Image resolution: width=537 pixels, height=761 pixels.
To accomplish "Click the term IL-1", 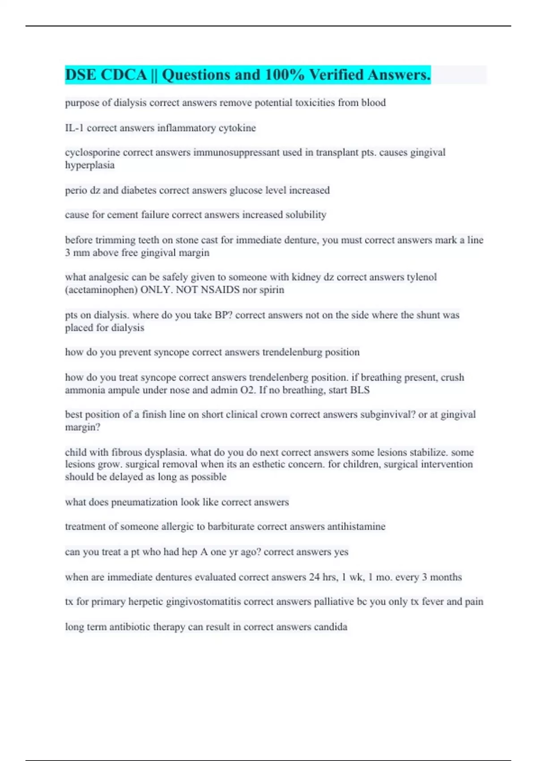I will point(74,128).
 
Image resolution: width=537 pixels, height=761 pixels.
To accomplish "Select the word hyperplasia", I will point(89,165).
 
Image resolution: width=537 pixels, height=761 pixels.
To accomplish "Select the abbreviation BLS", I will point(360,390).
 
